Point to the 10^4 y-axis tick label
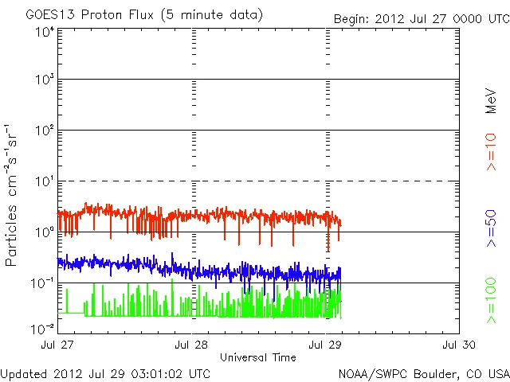coord(43,32)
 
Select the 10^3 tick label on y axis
coord(43,79)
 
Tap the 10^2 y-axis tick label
coord(43,130)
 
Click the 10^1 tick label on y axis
coord(43,181)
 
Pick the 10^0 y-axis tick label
coord(43,232)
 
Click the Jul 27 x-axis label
coord(58,345)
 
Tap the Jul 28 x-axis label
coord(192,345)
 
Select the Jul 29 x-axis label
coord(326,345)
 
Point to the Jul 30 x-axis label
coord(459,345)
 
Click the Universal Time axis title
coord(258,357)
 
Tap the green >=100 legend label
coord(492,301)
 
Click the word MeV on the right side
coord(492,102)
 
